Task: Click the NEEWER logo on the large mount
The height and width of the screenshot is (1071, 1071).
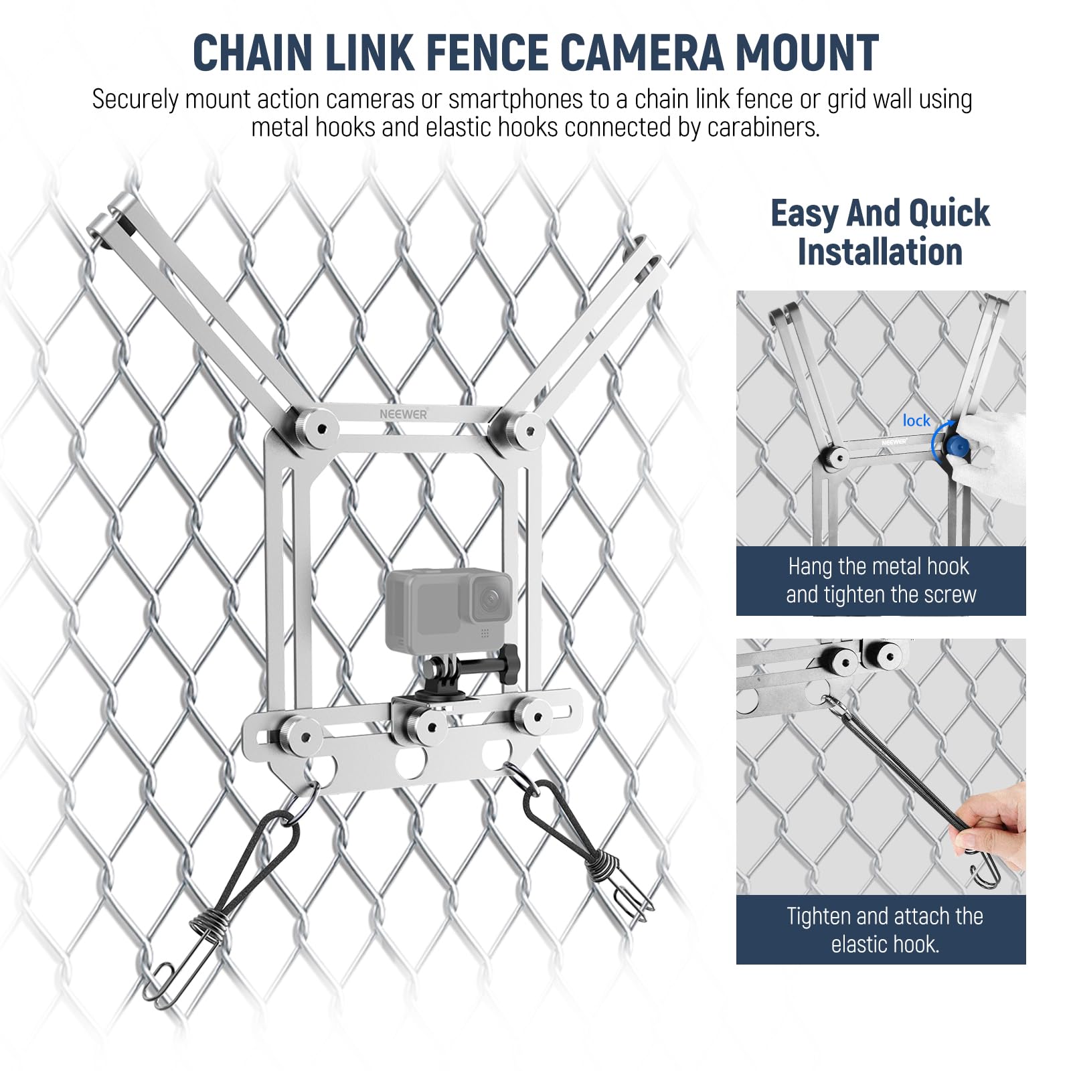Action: [x=403, y=414]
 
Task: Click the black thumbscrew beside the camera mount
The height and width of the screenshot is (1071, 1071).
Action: [x=511, y=665]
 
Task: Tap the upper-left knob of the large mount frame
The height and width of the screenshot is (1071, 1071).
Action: [x=316, y=426]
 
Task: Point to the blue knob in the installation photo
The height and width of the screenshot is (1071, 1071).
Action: [x=957, y=446]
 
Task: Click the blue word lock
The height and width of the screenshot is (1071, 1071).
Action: [x=916, y=420]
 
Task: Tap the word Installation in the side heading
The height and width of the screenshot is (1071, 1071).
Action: [x=880, y=252]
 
